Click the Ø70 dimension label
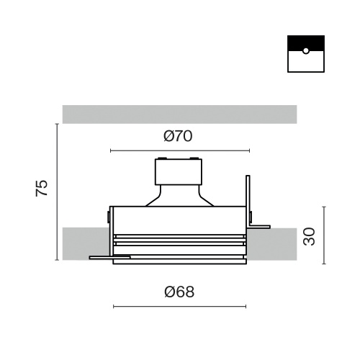pos(178,136)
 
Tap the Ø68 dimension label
pos(179,292)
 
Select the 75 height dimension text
pos(42,188)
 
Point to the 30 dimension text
pos(309,236)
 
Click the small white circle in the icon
pos(306,51)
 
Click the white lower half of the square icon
pos(306,63)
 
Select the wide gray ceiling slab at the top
pos(179,114)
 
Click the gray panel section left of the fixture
pos(86,243)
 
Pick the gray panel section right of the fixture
pos(272,244)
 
